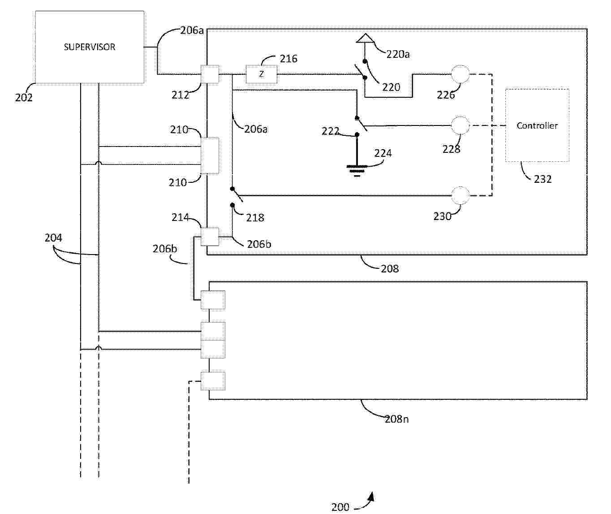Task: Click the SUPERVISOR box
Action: [90, 47]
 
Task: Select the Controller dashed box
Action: [537, 125]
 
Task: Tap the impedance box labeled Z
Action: [261, 74]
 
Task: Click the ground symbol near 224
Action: [357, 171]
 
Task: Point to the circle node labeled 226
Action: [460, 74]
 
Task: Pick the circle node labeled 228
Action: [460, 125]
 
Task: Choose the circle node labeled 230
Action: [460, 195]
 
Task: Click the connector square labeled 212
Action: [210, 74]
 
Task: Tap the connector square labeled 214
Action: [210, 237]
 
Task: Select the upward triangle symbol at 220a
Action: [365, 39]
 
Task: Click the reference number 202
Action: [24, 98]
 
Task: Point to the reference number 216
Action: [288, 59]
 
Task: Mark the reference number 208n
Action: [396, 419]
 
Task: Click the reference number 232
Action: [543, 179]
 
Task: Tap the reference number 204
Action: [53, 238]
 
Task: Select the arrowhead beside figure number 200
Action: [371, 497]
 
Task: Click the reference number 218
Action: [255, 217]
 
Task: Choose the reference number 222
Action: [331, 131]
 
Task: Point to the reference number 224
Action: [383, 153]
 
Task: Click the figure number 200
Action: [340, 507]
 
